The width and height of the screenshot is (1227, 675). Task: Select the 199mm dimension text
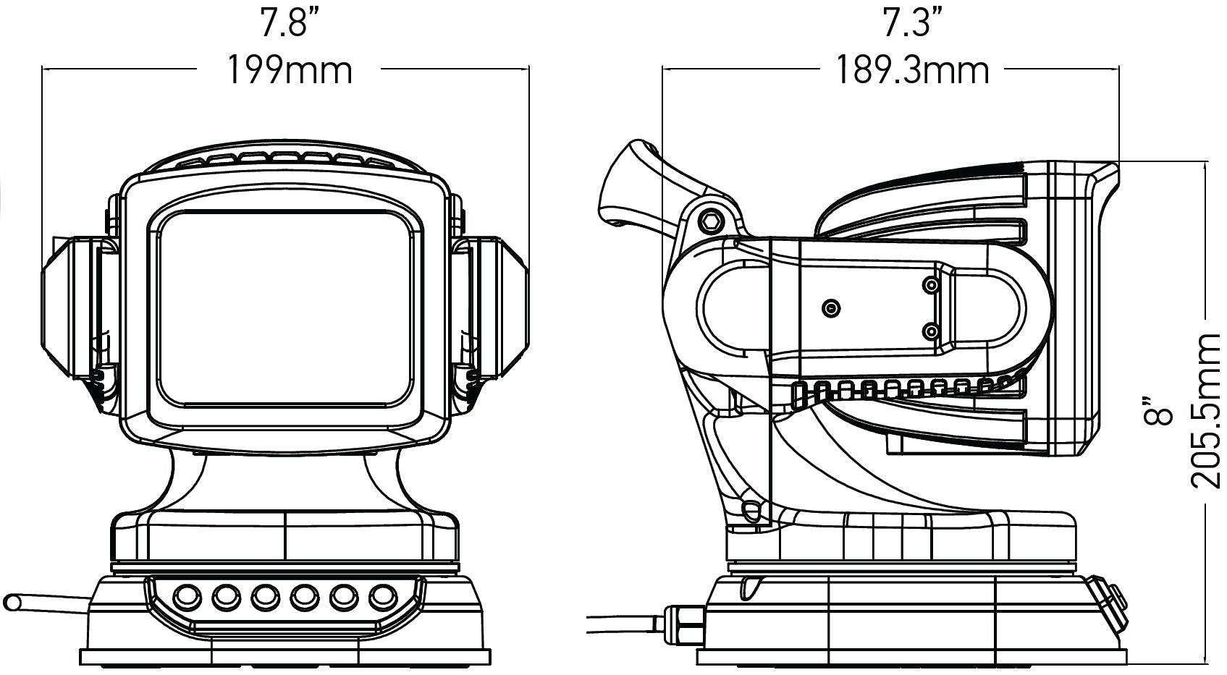pyautogui.click(x=290, y=71)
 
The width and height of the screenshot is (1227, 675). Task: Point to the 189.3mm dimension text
pyautogui.click(x=913, y=71)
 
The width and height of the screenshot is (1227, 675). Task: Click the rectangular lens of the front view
pyautogui.click(x=284, y=310)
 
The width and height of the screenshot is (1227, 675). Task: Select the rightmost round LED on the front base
pyautogui.click(x=383, y=597)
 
